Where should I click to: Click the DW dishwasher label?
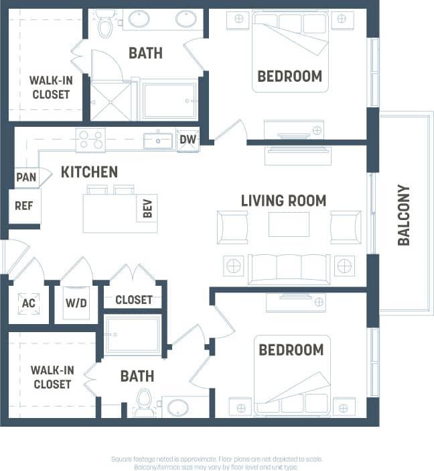pyautogui.click(x=188, y=140)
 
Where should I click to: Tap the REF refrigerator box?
pyautogui.click(x=24, y=206)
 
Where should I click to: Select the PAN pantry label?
pyautogui.click(x=26, y=178)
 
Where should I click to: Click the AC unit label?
pyautogui.click(x=28, y=303)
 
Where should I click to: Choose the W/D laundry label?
pyautogui.click(x=76, y=303)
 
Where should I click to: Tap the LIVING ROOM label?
pyautogui.click(x=283, y=200)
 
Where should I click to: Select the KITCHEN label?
pyautogui.click(x=89, y=172)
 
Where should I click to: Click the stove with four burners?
pyautogui.click(x=90, y=140)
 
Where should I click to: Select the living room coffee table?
pyautogui.click(x=289, y=224)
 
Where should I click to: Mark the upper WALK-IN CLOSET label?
pyautogui.click(x=50, y=88)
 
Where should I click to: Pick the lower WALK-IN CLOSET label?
pyautogui.click(x=52, y=377)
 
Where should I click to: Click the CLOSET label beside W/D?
pyautogui.click(x=134, y=300)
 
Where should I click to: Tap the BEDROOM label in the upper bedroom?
pyautogui.click(x=289, y=76)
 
